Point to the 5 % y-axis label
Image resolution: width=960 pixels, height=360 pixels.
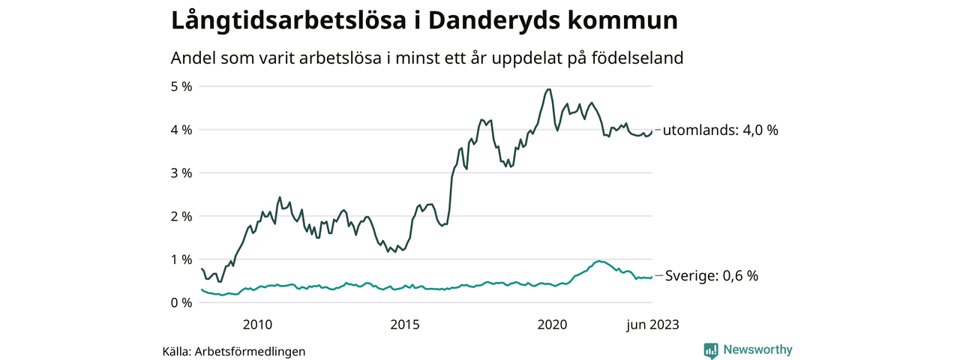click(x=182, y=86)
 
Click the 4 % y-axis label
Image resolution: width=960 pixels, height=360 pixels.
click(x=182, y=130)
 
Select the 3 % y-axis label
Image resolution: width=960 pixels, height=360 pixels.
click(x=182, y=173)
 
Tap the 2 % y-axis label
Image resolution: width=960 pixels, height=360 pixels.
click(x=182, y=216)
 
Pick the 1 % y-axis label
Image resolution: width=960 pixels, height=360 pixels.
click(x=182, y=259)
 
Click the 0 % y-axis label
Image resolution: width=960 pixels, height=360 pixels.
click(x=182, y=303)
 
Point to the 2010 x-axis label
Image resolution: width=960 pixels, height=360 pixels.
click(x=257, y=325)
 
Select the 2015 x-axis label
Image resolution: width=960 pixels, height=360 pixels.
click(x=405, y=325)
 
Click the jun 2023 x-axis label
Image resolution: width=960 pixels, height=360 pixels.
click(x=653, y=325)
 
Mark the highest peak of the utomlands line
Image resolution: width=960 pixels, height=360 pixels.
click(x=549, y=89)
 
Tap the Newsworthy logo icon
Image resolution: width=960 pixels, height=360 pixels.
click(x=711, y=350)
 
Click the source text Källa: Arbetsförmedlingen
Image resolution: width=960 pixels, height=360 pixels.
click(x=234, y=351)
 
